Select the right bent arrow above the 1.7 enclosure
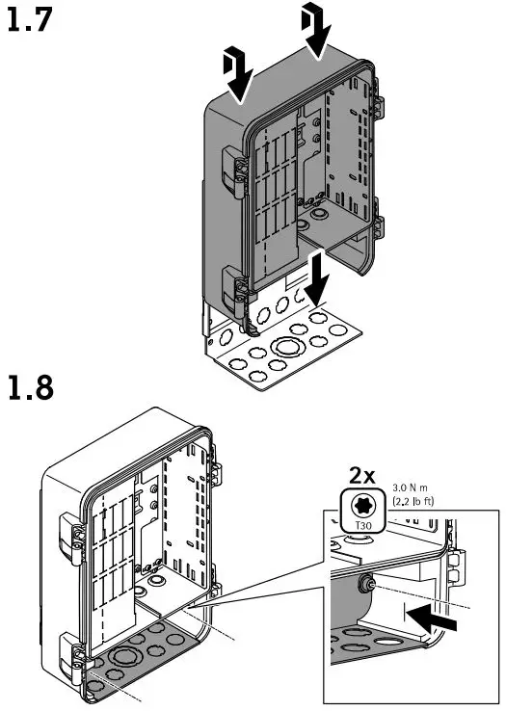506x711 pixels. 315,27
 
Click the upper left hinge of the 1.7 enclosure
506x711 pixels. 235,171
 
